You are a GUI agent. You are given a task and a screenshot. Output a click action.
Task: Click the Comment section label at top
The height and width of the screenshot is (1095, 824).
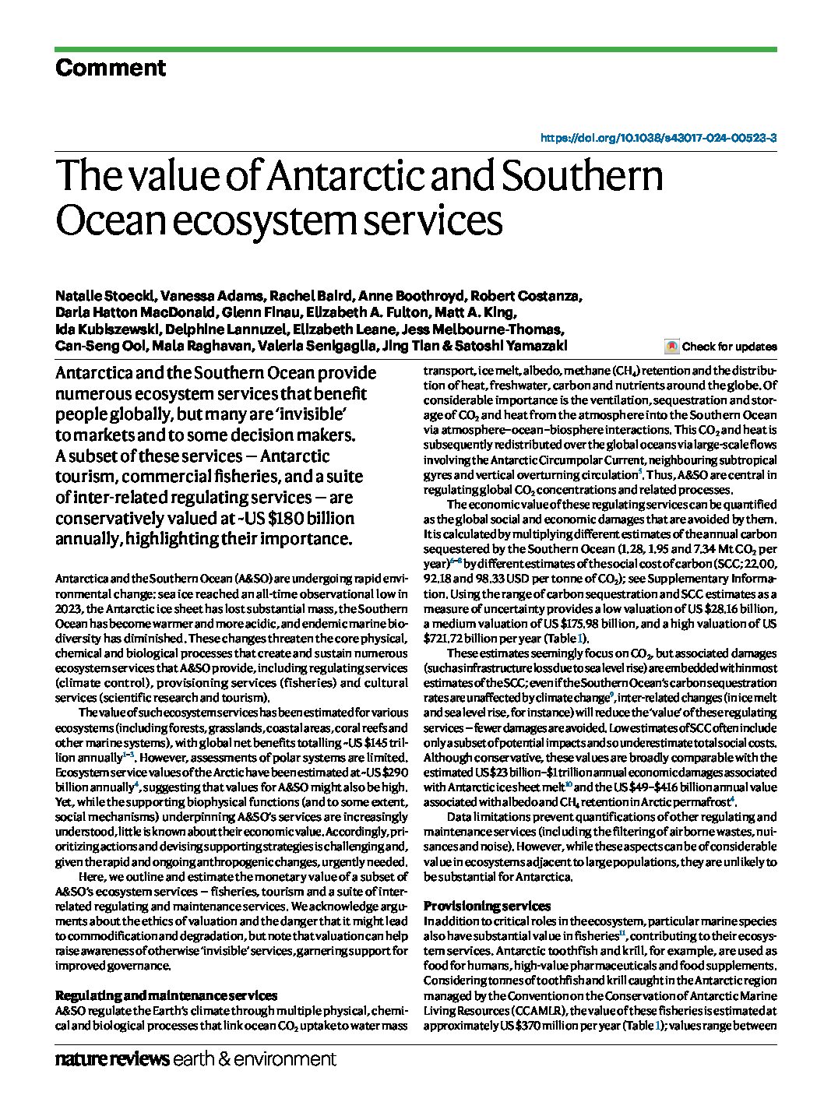pos(110,69)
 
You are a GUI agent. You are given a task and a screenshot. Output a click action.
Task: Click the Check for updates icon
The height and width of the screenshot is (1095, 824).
pos(671,347)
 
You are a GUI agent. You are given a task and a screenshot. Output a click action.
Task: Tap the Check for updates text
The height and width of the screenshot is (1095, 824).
pos(729,347)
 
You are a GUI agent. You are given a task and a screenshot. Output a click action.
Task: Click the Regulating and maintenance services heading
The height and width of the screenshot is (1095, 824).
pos(166,995)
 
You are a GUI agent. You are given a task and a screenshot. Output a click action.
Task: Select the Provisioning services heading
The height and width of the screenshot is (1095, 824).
pos(487,906)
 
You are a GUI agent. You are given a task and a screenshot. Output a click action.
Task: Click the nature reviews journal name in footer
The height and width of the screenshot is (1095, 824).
pos(112,1059)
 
